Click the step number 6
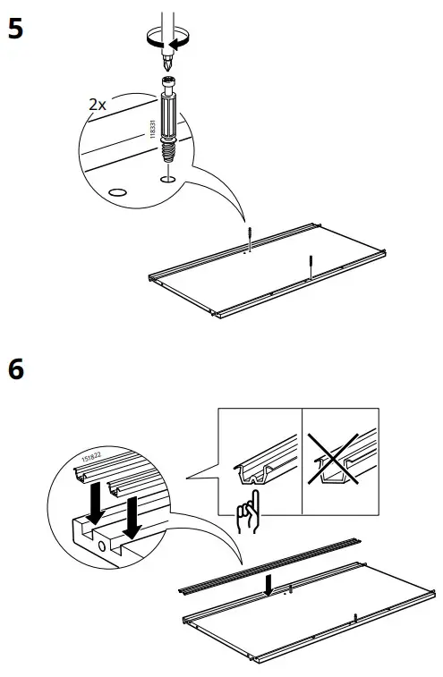point(15,368)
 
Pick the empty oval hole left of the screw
point(116,191)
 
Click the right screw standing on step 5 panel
point(311,266)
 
